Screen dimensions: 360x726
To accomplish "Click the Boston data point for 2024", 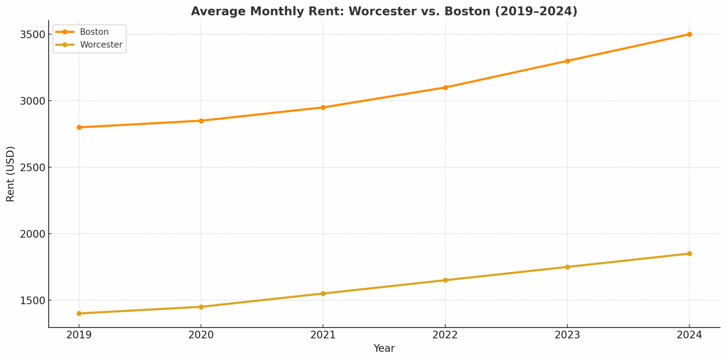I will (689, 34).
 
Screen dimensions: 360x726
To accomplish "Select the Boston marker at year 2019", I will (79, 127).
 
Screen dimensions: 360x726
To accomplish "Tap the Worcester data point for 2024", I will (689, 254).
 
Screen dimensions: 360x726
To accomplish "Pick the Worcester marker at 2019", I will (79, 314).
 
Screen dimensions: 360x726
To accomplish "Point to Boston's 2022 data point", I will (445, 88).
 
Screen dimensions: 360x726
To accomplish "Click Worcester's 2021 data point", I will (323, 294).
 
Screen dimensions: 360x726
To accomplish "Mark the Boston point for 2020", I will (201, 121).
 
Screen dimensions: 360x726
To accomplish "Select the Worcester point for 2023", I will (567, 267).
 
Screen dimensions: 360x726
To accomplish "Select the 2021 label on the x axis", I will (323, 335).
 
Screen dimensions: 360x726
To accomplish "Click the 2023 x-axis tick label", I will (567, 335).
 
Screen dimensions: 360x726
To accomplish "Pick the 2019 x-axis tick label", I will (79, 335).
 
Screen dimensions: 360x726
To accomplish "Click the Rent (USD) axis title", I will (10, 174).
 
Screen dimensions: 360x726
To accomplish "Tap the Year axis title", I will (384, 348).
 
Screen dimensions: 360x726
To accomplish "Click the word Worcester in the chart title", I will (382, 11).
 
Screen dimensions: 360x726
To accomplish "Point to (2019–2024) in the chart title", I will (536, 11).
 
